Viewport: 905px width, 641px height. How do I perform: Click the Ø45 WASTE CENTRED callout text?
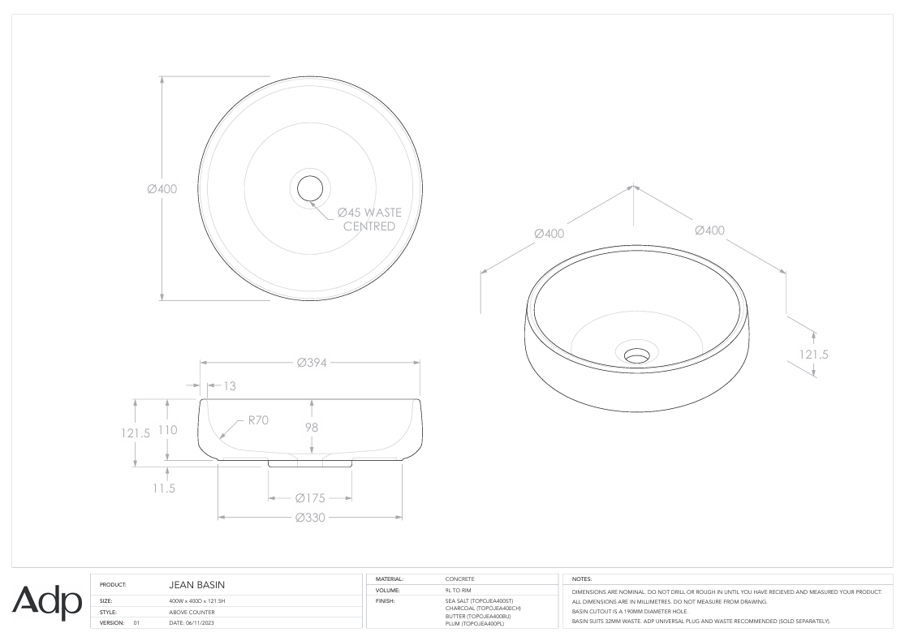(x=369, y=219)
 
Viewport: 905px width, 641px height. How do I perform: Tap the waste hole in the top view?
(x=310, y=188)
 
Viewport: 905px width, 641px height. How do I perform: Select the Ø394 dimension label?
(x=311, y=363)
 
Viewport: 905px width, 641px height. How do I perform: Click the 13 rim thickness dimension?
(x=230, y=386)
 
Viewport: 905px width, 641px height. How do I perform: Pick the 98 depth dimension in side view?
(x=311, y=427)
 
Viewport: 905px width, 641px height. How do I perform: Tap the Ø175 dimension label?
(x=310, y=497)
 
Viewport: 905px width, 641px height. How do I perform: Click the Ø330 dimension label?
(x=310, y=517)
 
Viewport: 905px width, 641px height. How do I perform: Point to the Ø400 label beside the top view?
(x=162, y=189)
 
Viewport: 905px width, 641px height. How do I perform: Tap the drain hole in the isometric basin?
(x=637, y=355)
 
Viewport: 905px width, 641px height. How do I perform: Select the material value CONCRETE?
(x=460, y=579)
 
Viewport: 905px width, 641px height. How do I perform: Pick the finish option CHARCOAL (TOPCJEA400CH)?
(x=483, y=608)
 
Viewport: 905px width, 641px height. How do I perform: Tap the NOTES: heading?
(x=583, y=579)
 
